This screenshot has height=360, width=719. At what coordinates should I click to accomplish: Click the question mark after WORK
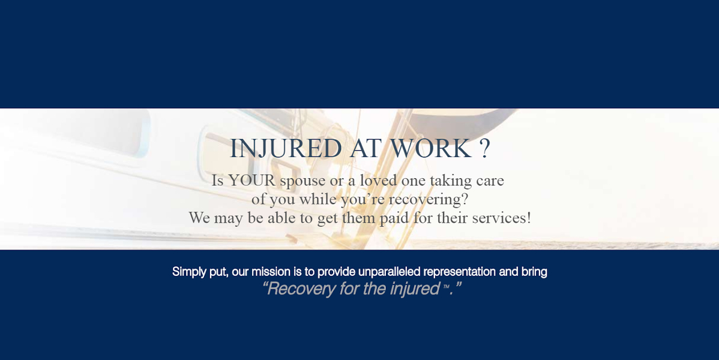tap(485, 149)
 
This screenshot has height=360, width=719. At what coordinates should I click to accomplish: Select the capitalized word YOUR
tap(251, 181)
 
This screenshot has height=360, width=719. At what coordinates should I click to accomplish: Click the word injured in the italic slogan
tap(415, 289)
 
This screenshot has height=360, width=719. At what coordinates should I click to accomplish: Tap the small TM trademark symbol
tap(446, 288)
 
